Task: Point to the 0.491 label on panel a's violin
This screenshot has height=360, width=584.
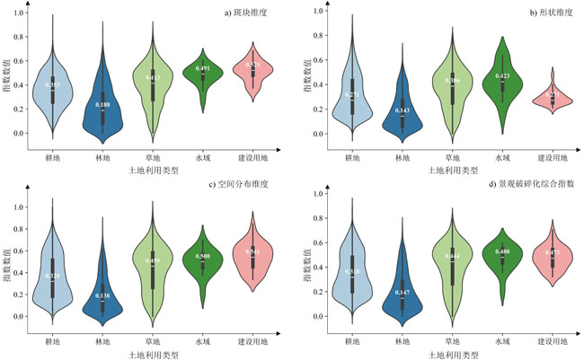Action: (203, 68)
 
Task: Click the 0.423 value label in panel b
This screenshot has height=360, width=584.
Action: (501, 76)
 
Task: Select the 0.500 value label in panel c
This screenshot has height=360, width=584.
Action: (203, 256)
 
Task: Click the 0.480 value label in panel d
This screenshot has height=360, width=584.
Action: (501, 252)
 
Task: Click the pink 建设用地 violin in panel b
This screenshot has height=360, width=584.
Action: (553, 97)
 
